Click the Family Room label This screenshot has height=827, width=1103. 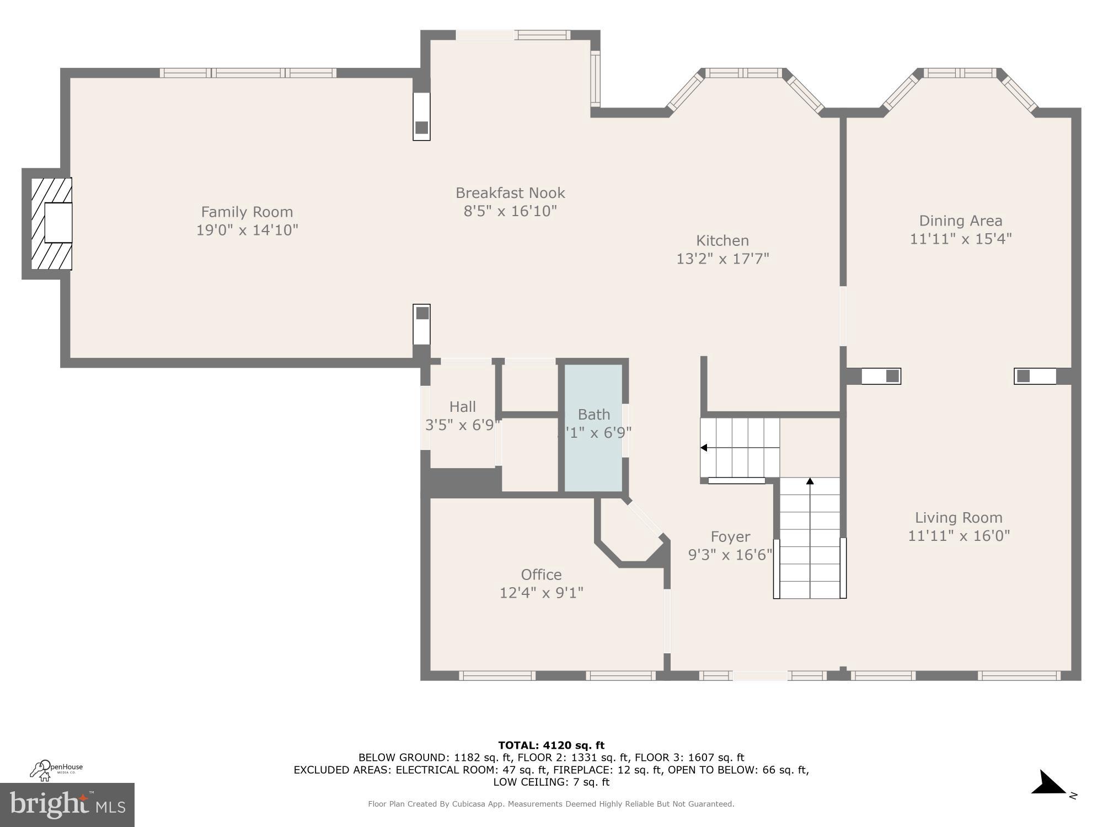pos(247,212)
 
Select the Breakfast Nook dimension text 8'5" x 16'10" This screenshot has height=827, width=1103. pos(510,211)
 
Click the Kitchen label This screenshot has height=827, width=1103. pos(722,240)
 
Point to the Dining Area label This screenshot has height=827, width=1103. pos(960,221)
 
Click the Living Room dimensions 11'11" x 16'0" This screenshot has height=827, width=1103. pos(959,535)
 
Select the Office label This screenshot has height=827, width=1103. pos(541,574)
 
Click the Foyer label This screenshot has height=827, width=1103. pos(730,536)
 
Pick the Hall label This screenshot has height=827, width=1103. pos(462,406)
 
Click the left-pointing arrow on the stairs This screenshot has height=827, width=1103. pos(704,448)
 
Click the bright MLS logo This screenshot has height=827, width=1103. pos(67,805)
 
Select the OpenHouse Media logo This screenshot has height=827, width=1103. pos(56,769)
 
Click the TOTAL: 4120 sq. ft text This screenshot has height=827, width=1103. pos(551,745)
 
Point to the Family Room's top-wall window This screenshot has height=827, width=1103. pos(248,73)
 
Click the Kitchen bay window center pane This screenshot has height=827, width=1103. pos(743,73)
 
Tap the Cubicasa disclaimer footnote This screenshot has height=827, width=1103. pos(551,804)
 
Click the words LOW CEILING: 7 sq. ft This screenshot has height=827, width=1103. pos(551,782)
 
